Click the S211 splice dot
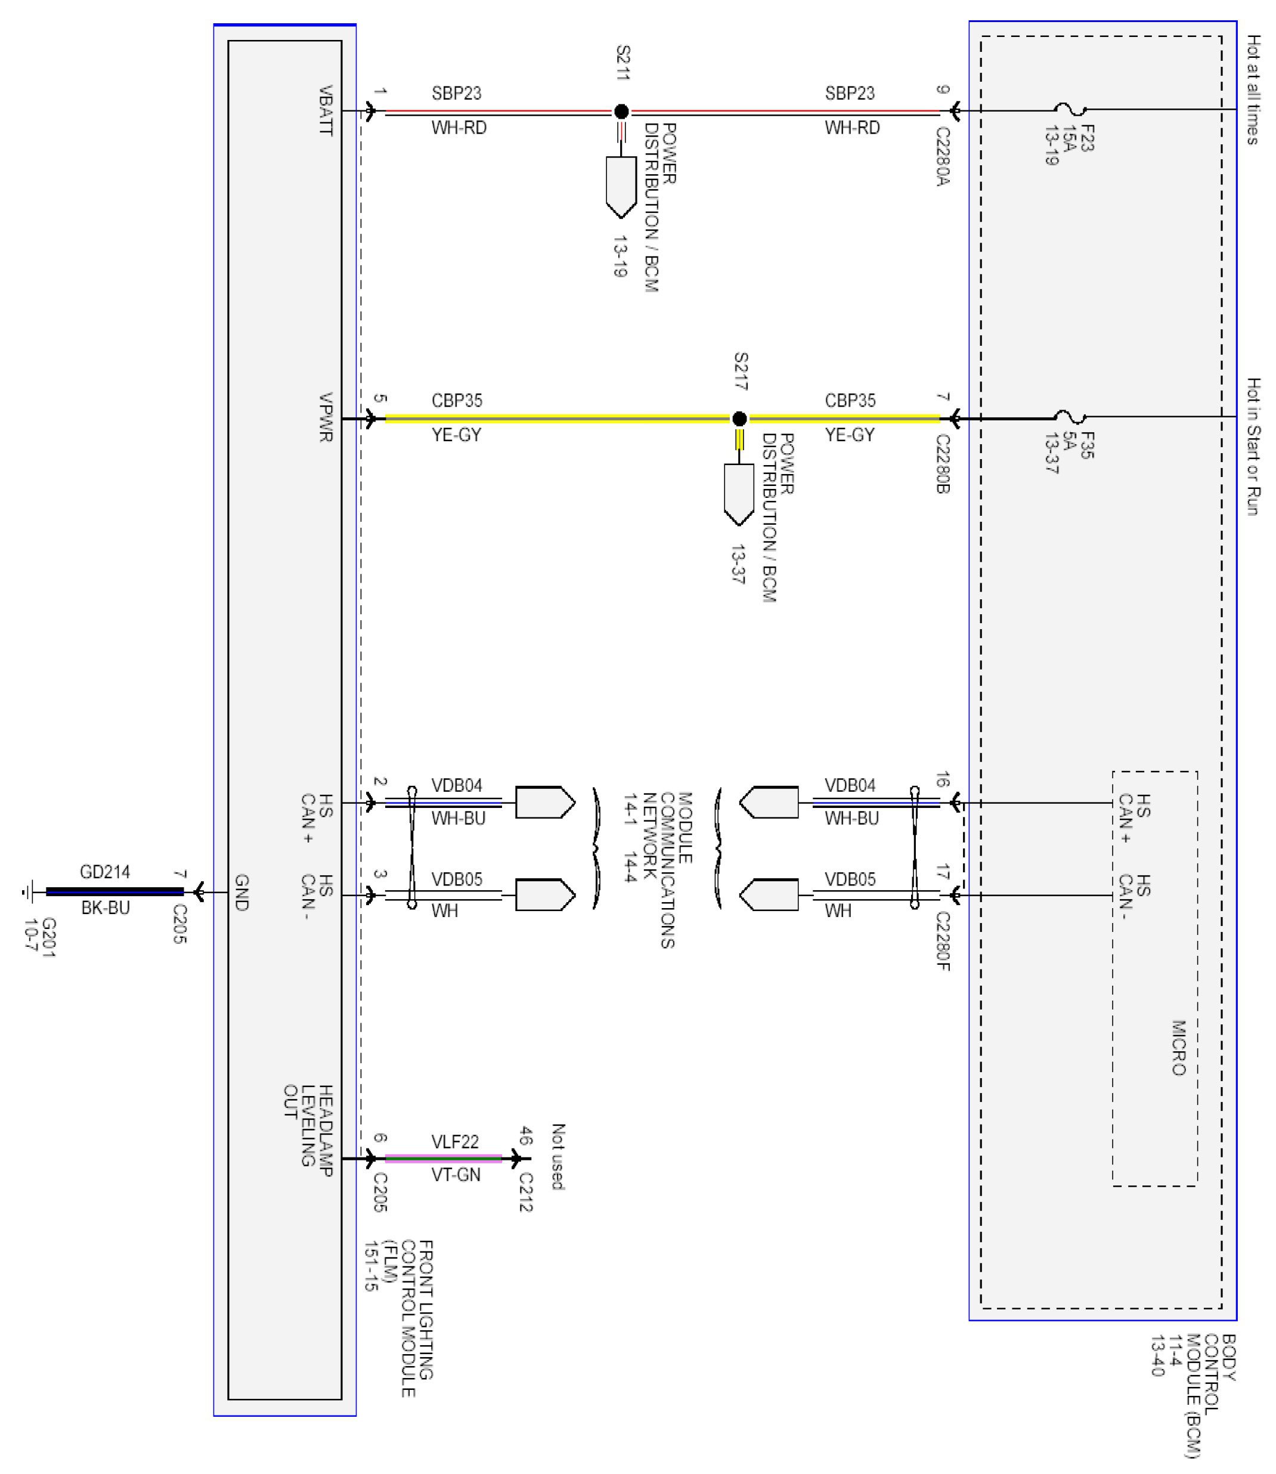coord(621,111)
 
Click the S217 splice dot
coord(739,418)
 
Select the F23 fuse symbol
coord(1070,110)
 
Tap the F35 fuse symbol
coord(1070,417)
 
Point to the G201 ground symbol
coord(28,891)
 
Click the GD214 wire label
coord(105,872)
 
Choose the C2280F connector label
coord(942,942)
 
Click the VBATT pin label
coord(326,110)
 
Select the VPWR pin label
coord(326,417)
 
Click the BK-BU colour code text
coord(106,908)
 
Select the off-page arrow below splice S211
coord(621,187)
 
